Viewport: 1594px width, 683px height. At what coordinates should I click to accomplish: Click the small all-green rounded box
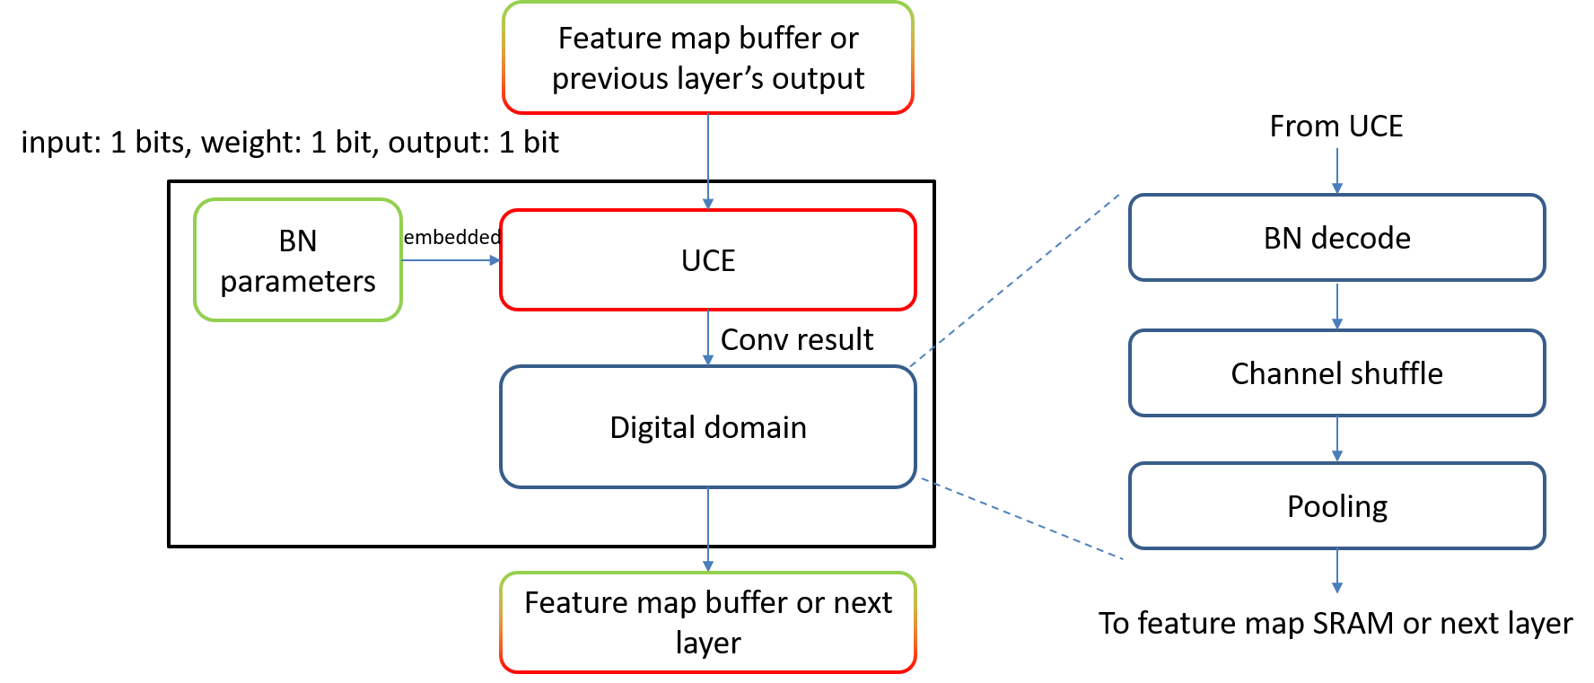point(298,259)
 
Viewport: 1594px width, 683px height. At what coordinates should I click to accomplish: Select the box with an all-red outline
point(707,259)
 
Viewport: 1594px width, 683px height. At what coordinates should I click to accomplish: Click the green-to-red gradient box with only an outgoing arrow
point(707,57)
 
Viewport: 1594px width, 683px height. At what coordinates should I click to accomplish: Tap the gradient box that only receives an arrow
point(707,622)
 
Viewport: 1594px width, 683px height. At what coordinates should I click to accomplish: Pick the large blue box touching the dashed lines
point(707,426)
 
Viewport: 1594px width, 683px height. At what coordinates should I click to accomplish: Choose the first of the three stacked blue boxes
point(1336,237)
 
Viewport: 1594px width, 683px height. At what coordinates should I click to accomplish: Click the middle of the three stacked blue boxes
point(1336,372)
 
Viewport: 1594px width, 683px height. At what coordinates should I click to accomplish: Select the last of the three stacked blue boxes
point(1336,505)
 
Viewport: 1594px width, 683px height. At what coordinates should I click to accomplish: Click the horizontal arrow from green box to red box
point(449,260)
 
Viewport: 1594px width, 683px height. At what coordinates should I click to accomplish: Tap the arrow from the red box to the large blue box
point(708,337)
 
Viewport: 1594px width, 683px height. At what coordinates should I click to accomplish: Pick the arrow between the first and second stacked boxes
point(1337,305)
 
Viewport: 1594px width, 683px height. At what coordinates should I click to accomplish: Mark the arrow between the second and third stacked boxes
point(1337,438)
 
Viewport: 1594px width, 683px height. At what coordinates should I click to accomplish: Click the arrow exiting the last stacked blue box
point(1337,570)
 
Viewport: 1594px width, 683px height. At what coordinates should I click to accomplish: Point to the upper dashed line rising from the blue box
point(1014,280)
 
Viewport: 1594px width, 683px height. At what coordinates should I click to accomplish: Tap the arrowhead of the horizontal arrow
point(495,260)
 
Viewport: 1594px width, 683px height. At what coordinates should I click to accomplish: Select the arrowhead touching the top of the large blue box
point(708,360)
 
